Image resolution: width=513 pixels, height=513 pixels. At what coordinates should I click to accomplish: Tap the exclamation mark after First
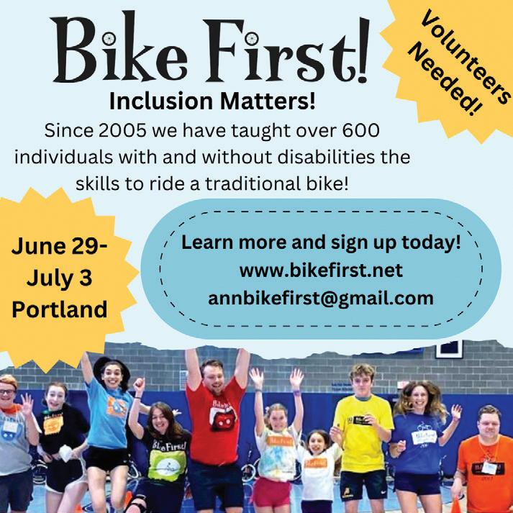(363, 49)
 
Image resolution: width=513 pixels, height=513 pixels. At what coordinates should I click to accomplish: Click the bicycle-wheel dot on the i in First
(252, 38)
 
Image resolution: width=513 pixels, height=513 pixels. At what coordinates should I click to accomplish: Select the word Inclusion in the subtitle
(161, 101)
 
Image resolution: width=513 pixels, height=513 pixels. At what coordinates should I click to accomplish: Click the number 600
(361, 130)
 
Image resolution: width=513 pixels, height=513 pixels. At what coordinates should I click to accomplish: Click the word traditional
(253, 184)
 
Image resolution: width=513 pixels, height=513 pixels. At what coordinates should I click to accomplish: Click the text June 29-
(59, 245)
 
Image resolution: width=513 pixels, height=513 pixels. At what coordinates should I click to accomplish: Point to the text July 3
(59, 278)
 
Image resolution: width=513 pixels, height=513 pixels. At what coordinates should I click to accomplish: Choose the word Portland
(60, 309)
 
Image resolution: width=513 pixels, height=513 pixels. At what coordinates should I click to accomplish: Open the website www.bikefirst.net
(321, 271)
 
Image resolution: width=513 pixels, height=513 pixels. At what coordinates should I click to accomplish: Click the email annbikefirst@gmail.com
(321, 299)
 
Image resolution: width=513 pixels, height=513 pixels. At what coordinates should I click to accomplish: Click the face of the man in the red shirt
(212, 377)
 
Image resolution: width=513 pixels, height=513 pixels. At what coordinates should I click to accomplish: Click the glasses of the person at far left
(6, 391)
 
